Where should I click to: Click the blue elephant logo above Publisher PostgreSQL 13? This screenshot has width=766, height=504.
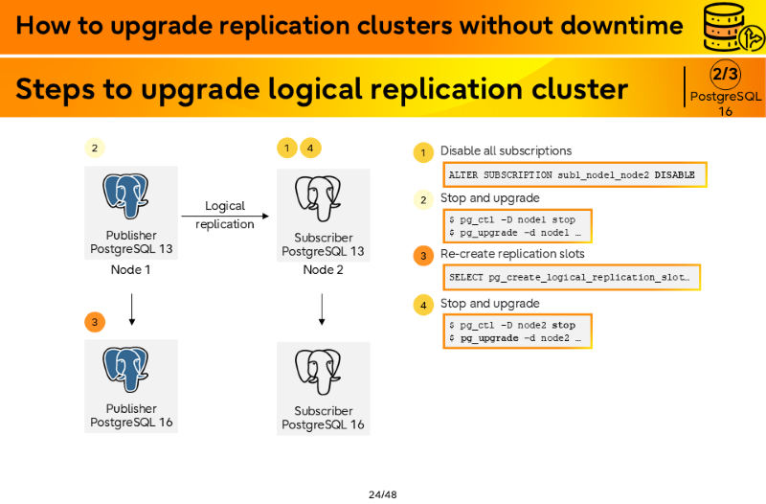tap(125, 196)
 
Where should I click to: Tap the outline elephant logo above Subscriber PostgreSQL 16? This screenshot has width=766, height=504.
tap(318, 372)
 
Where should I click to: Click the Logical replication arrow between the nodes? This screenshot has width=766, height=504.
tap(225, 217)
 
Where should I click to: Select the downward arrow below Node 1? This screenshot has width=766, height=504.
tap(131, 309)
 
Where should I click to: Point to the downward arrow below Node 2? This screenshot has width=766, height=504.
tap(322, 309)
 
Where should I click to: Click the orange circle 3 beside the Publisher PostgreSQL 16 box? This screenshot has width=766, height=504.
tap(95, 322)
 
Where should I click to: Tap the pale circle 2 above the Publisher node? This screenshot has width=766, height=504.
tap(95, 148)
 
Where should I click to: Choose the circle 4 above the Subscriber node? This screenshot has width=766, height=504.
tap(310, 148)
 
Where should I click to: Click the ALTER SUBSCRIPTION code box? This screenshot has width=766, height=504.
tap(575, 175)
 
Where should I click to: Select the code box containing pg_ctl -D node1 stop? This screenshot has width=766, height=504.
tap(517, 226)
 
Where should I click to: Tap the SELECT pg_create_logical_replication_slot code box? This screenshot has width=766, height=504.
tap(572, 277)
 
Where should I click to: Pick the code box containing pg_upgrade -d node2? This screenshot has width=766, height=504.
tap(517, 332)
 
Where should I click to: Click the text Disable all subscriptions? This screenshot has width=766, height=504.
tap(507, 151)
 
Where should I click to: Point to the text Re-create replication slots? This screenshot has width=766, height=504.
tap(512, 254)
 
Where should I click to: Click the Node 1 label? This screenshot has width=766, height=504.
tap(130, 270)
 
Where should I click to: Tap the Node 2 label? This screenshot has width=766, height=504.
tap(323, 270)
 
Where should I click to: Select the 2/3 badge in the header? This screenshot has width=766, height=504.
tap(725, 75)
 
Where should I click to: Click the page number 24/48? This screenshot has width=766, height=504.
tap(382, 494)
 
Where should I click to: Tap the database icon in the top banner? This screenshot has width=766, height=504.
tap(732, 27)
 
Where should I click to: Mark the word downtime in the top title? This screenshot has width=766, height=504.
tap(621, 26)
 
